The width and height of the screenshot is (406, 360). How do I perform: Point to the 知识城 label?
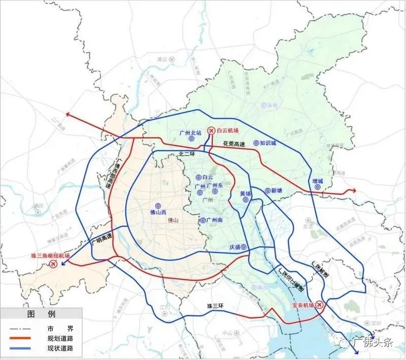coord(267,143)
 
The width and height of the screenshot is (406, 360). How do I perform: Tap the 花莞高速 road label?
coord(234,144)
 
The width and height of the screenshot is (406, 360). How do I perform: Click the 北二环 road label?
coord(187,154)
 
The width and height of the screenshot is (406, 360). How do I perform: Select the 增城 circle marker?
coord(318,187)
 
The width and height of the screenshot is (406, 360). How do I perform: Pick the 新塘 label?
coord(276,191)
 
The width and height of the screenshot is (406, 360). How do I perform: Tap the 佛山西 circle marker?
coord(158,206)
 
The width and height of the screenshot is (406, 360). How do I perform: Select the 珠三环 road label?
coord(215,306)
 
